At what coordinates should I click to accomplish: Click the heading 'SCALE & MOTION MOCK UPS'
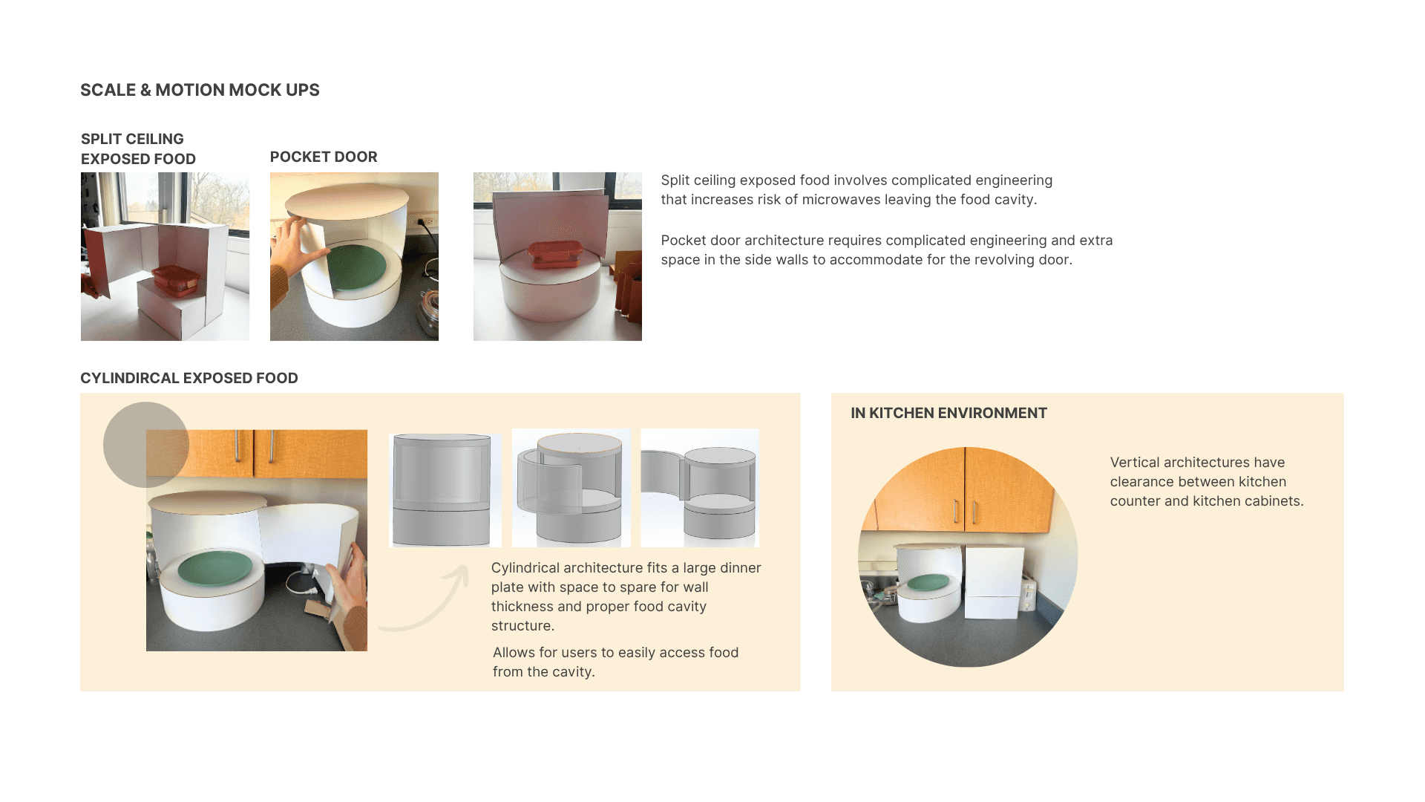200,90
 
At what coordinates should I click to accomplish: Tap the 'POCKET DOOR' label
324,157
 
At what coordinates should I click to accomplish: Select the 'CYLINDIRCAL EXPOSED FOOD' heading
189,378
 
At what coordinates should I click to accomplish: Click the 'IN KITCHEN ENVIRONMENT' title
949,413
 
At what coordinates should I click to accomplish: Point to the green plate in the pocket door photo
356,268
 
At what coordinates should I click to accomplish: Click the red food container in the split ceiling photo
177,281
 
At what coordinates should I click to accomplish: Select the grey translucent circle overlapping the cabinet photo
146,445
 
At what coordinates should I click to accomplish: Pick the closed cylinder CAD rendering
445,490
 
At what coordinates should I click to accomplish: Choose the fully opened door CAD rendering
700,488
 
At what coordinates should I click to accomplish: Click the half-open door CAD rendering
571,488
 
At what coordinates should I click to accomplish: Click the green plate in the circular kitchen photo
928,583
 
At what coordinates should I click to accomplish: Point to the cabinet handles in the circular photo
965,511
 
